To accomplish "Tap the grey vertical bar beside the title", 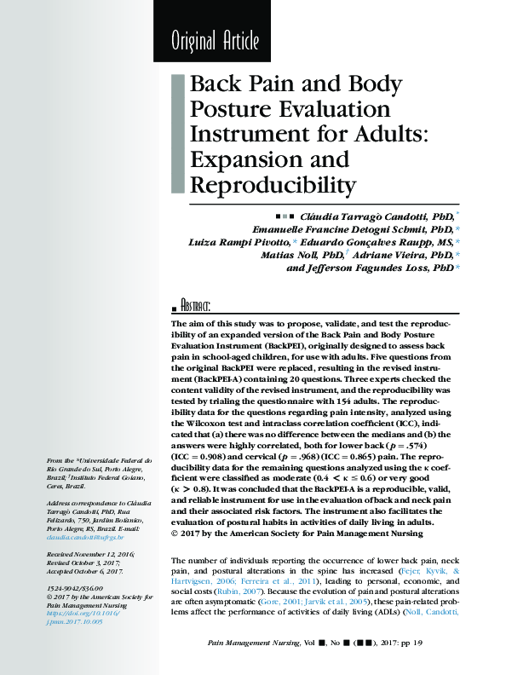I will click(177, 133).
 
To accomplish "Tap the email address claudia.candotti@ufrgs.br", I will click(85, 538).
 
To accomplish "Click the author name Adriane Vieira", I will click(394, 255).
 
